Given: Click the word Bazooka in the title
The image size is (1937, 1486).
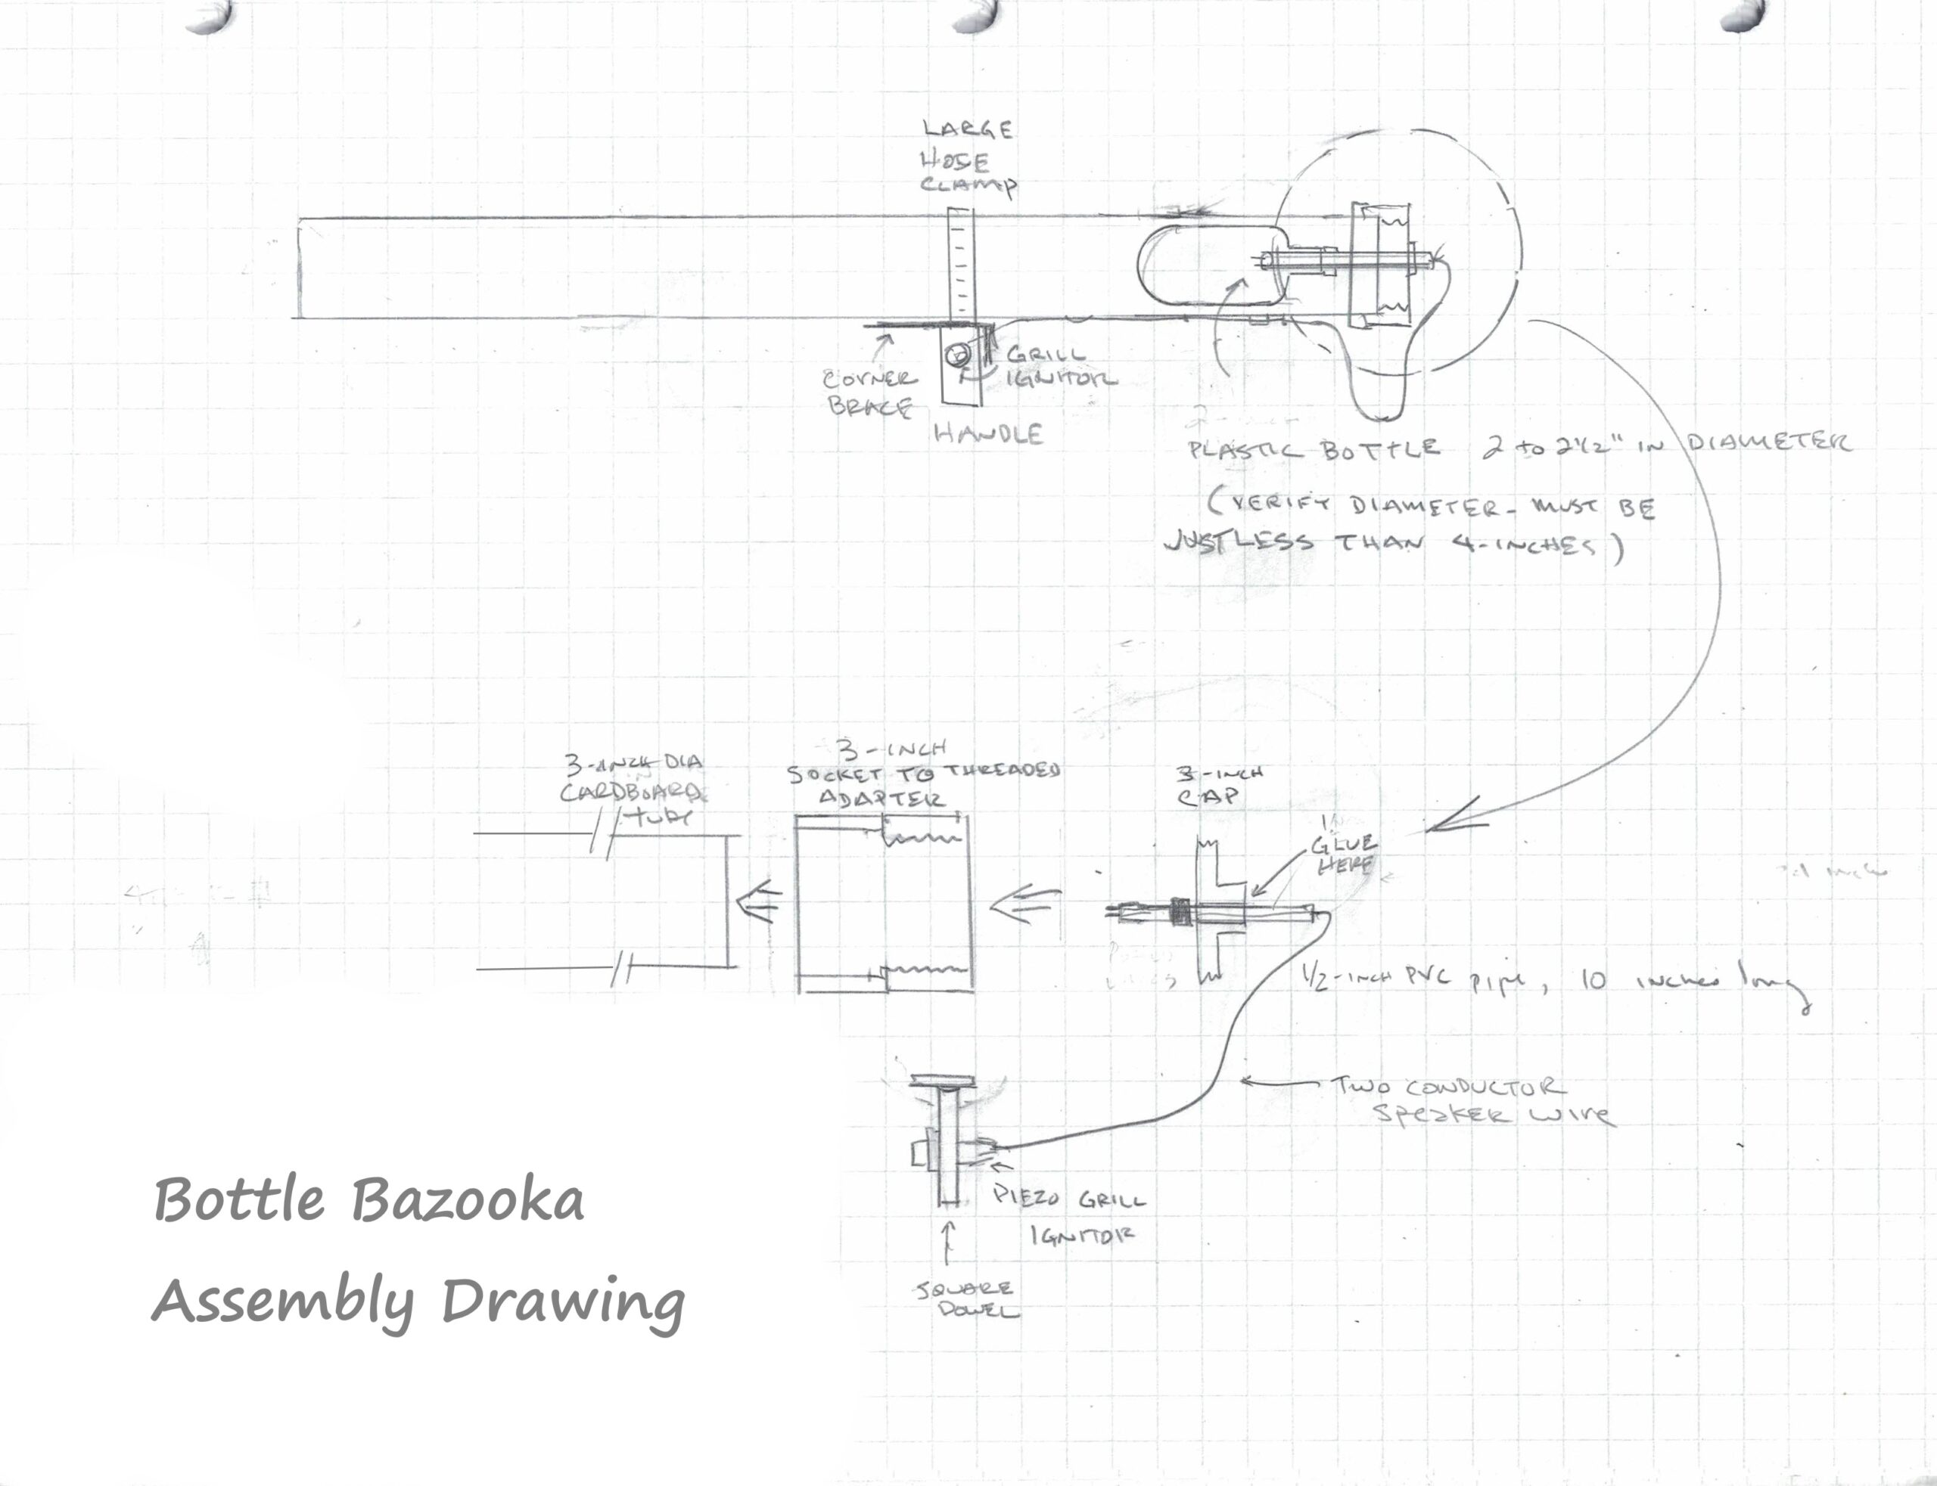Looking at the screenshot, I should tap(467, 1201).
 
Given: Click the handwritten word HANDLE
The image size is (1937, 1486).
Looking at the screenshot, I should tap(988, 433).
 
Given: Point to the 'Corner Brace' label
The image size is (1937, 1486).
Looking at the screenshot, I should tap(869, 392).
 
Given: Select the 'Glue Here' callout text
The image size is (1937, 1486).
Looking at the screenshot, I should tap(1343, 855).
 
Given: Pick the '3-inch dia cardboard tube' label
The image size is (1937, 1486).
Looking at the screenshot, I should tap(633, 789).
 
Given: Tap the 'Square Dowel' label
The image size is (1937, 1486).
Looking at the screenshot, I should tap(965, 1298).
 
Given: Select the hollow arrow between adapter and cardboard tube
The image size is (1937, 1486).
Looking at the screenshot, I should tap(759, 902).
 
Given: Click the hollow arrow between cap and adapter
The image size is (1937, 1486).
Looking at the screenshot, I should tap(1024, 906).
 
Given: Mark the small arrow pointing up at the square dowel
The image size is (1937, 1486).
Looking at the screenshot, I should tap(949, 1242).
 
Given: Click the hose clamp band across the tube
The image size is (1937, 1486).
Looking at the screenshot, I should tap(961, 265).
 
